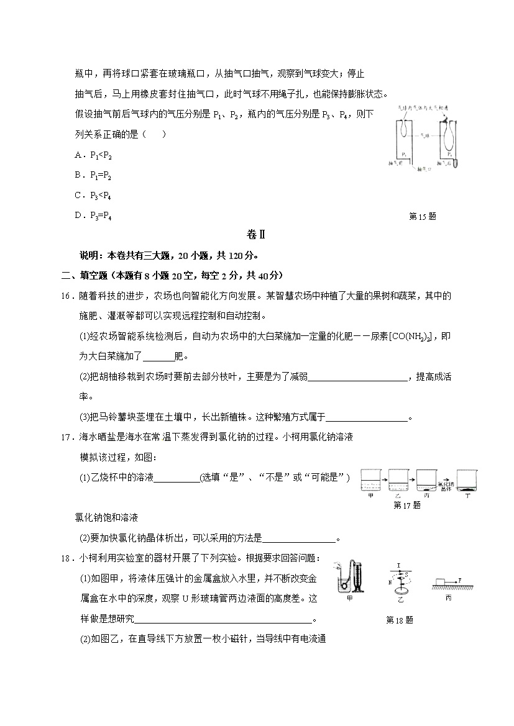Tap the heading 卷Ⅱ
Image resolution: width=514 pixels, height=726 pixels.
(256, 235)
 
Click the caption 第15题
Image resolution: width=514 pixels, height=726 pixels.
(423, 217)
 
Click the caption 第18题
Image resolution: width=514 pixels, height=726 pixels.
(400, 620)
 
